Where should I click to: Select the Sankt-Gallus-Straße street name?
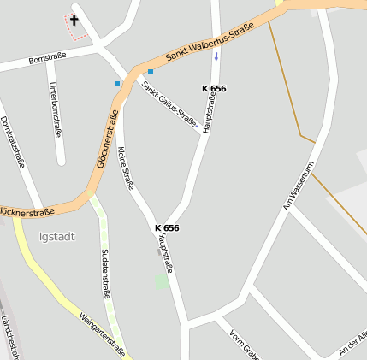coord(170,106)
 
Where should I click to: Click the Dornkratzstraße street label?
coord(13,142)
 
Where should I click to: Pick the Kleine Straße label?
coord(126,168)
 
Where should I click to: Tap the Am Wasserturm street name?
coord(299,186)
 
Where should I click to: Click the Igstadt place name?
coord(56,236)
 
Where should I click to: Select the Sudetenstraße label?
coord(106,274)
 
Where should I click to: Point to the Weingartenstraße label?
coord(102,333)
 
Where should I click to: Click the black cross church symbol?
coord(74,20)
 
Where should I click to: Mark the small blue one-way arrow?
coord(216,57)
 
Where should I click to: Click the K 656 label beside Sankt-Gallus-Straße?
coord(214,88)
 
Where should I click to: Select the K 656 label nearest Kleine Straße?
coord(167,227)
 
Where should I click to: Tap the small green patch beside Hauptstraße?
coord(162,281)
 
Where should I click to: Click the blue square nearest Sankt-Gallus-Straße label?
coord(150,72)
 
